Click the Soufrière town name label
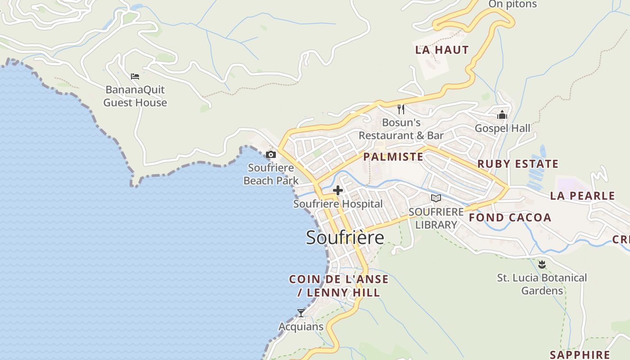[x=345, y=238]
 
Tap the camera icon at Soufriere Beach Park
[x=270, y=155]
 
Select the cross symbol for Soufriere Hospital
[x=338, y=190]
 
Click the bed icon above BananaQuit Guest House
[x=135, y=76]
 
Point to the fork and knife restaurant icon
[x=401, y=109]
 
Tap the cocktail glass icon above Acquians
[x=301, y=313]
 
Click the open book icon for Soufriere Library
[x=436, y=198]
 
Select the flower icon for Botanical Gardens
[x=542, y=264]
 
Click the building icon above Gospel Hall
[x=502, y=115]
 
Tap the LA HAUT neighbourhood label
[x=442, y=50]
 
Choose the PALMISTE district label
[x=393, y=157]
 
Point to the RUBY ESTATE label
[x=517, y=164]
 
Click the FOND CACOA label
[x=510, y=218]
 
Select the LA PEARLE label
[x=582, y=196]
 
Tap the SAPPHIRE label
[x=580, y=355]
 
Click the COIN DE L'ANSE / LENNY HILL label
[x=339, y=286]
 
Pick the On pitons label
[x=513, y=4]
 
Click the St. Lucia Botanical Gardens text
[x=542, y=284]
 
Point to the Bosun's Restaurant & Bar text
[x=401, y=129]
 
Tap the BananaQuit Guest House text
[x=135, y=96]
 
